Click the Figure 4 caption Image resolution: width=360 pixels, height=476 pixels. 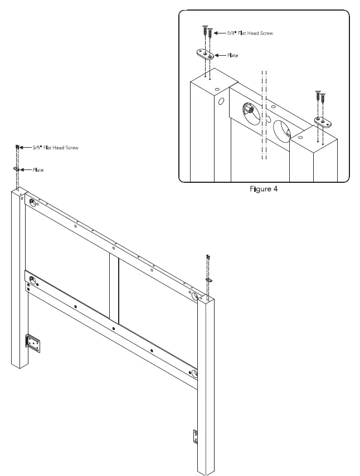point(264,188)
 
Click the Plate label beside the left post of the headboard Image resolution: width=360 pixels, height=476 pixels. point(37,169)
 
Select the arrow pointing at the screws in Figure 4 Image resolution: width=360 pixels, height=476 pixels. point(218,33)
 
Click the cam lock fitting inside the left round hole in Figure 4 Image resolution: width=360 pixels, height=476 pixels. point(251,111)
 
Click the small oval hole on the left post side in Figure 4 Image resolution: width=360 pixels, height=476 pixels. point(221,102)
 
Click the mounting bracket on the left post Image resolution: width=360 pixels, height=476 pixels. point(32,344)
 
